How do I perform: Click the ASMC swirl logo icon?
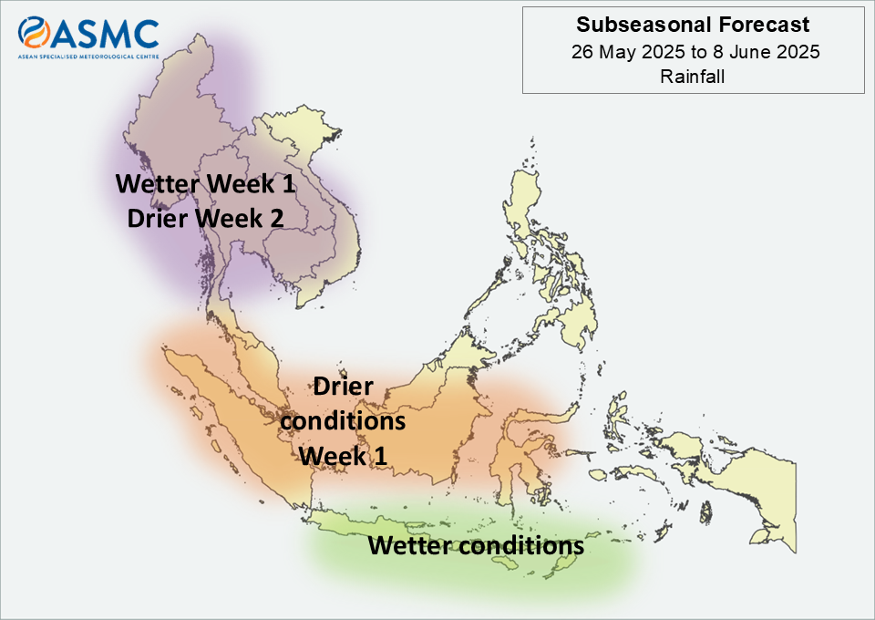coord(34,32)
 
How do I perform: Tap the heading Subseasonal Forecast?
coord(693,25)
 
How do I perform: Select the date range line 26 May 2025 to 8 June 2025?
coord(695,52)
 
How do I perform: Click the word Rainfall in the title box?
coord(693,77)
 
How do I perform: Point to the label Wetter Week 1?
coord(205,183)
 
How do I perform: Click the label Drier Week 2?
coord(205,218)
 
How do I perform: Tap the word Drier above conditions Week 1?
coord(344,387)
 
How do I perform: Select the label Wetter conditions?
coord(476,545)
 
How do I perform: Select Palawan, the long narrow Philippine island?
coord(483,293)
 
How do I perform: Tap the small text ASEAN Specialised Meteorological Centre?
coord(88,57)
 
